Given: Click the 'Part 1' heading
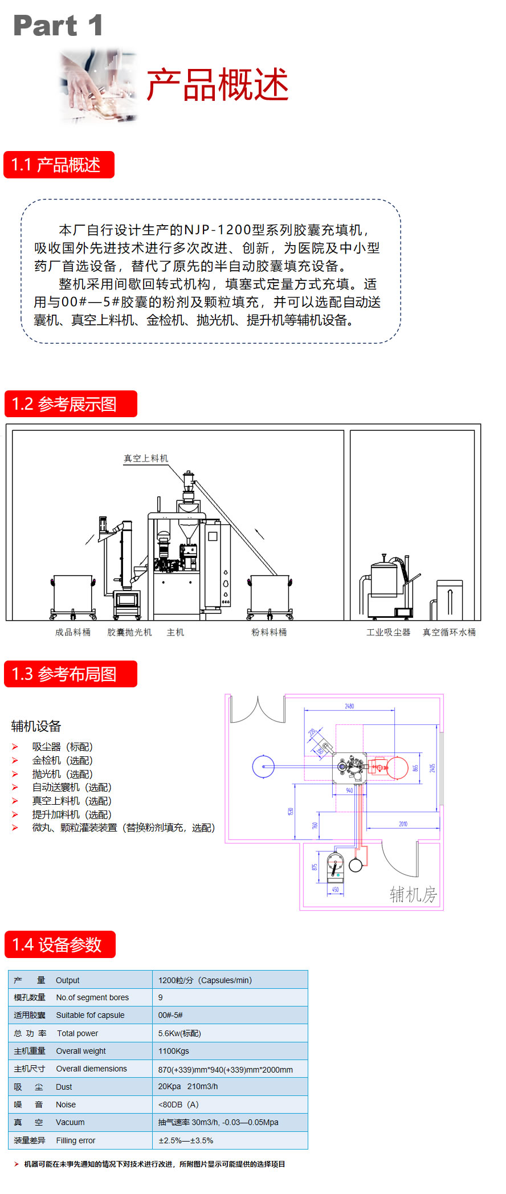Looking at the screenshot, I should (58, 26).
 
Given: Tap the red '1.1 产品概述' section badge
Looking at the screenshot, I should (59, 165).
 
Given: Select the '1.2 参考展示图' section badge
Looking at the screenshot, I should (71, 404).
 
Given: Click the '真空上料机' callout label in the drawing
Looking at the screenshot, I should (146, 458).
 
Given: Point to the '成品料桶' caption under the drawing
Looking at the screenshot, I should (73, 632).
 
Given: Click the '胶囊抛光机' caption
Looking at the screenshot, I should (130, 632).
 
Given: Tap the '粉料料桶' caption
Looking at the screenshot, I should (269, 632).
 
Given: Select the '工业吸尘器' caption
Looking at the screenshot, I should (388, 632).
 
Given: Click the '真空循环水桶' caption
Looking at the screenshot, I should (449, 632).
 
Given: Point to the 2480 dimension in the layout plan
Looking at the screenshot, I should (349, 706).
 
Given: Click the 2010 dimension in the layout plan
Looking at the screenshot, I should (403, 824).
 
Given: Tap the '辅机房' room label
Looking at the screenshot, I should (413, 894).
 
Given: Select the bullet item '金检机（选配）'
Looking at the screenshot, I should (62, 760).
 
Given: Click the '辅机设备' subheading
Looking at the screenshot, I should (36, 726).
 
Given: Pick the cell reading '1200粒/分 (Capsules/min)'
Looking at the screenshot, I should (205, 980).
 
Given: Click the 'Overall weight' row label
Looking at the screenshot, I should (81, 1051).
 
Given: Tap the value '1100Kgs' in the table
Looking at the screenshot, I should (174, 1051).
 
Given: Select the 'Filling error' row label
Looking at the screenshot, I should (75, 1140).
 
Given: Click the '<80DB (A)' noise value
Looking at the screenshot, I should (178, 1105).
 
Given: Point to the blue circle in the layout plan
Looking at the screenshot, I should (263, 767).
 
